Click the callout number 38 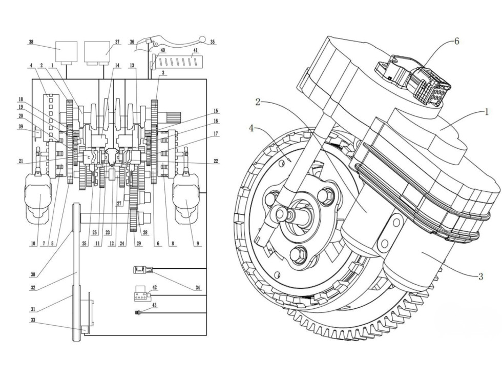click(31, 42)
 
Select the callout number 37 click(117, 42)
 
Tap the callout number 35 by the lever click(213, 42)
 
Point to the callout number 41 click(195, 50)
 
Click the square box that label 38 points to click(67, 51)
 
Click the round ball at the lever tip click(201, 39)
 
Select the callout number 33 click(33, 320)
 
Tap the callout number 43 click(154, 306)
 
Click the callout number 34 click(198, 288)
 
